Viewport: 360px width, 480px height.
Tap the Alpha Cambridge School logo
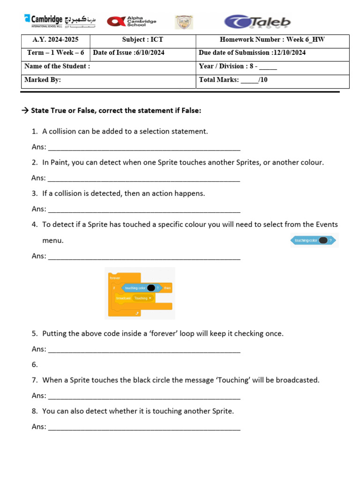point(132,22)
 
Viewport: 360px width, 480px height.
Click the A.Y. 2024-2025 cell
point(56,40)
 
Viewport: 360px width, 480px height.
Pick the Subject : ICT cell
point(142,40)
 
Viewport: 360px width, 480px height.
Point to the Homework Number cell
point(272,40)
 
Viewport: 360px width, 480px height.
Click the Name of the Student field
point(108,67)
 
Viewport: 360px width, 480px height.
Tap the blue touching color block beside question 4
point(314,240)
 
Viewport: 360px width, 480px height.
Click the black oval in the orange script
point(151,288)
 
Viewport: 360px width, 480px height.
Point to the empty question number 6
point(35,364)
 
